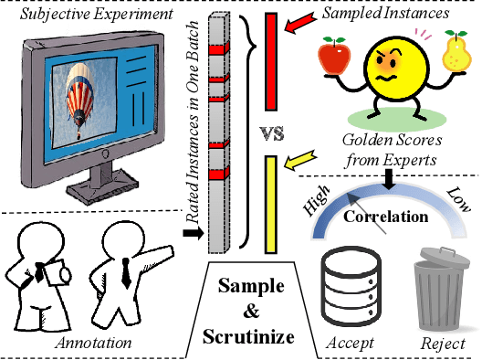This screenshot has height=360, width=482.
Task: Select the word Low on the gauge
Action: click(x=456, y=201)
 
